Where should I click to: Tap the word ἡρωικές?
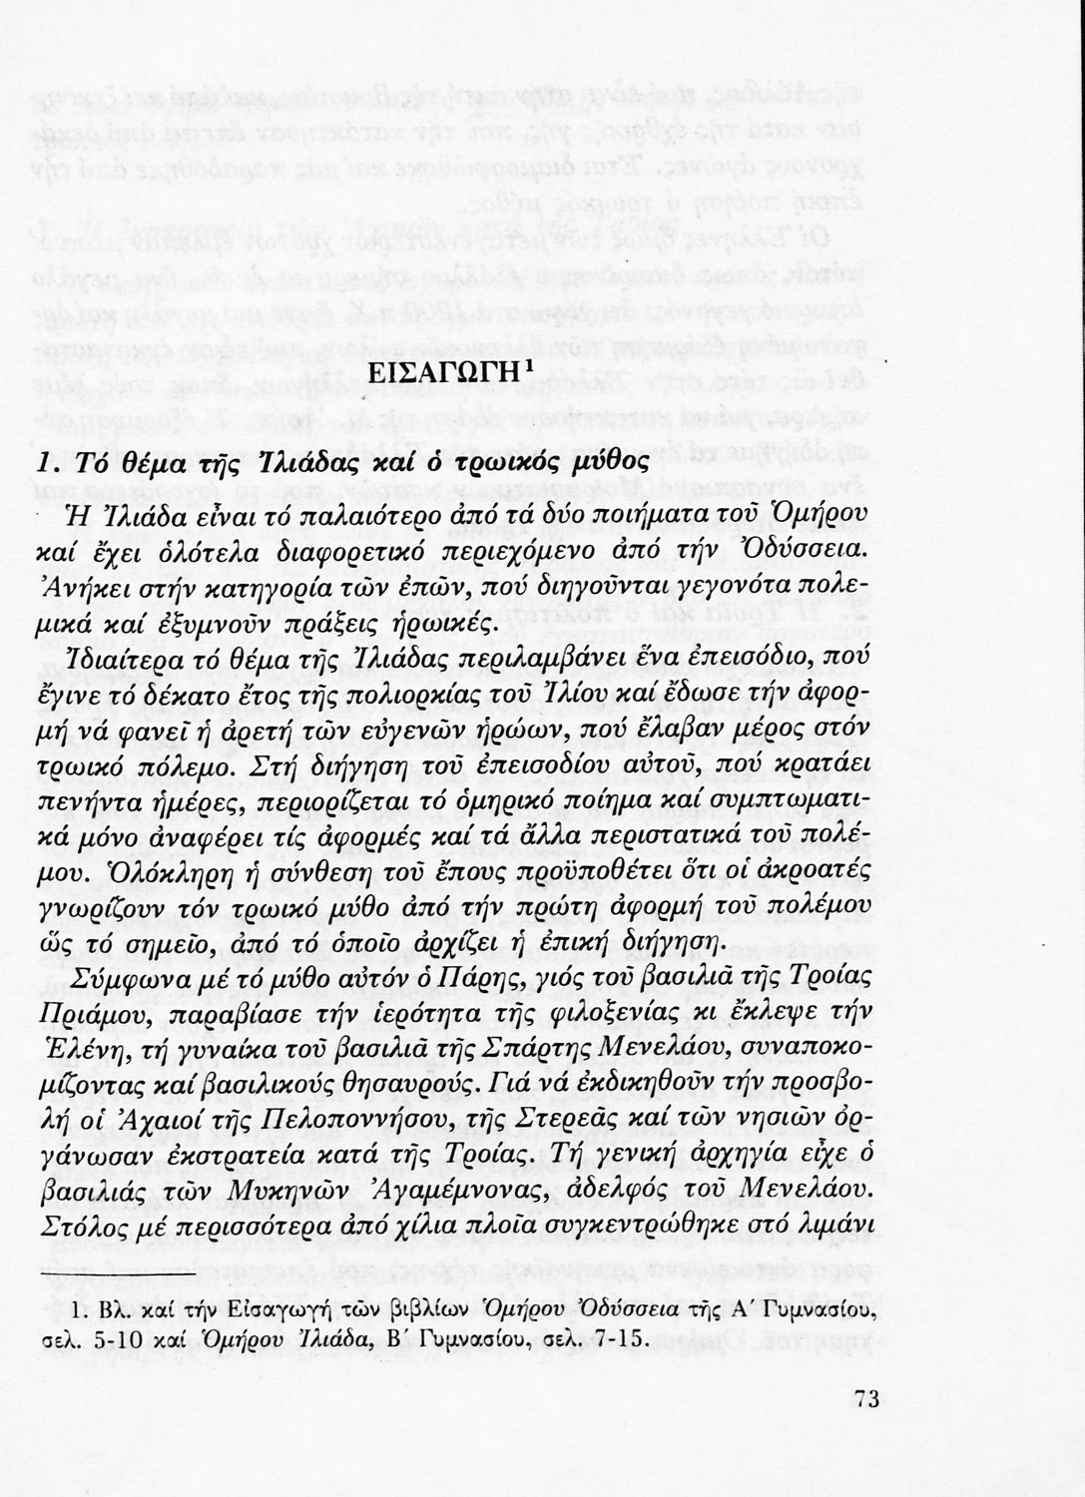433,622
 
